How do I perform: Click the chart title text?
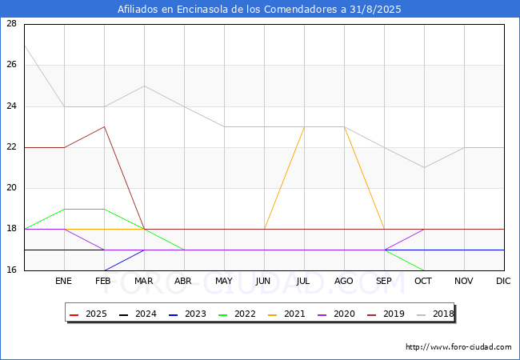259,9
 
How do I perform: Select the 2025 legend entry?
88,314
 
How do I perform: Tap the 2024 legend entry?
138,314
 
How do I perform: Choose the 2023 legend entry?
187,314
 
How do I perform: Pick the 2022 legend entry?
237,314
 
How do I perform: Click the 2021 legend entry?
286,314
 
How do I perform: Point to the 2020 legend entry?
336,314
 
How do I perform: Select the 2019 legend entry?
386,314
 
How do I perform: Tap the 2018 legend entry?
435,314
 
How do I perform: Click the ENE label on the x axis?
63,281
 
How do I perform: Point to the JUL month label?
303,281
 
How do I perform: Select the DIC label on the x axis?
503,281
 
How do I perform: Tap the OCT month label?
423,281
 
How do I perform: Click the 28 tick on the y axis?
12,23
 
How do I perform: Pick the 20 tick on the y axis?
12,188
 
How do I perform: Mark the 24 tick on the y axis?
12,106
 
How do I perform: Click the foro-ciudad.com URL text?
458,347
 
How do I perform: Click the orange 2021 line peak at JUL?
305,127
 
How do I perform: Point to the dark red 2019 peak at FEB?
105,126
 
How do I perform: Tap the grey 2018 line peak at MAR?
144,86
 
